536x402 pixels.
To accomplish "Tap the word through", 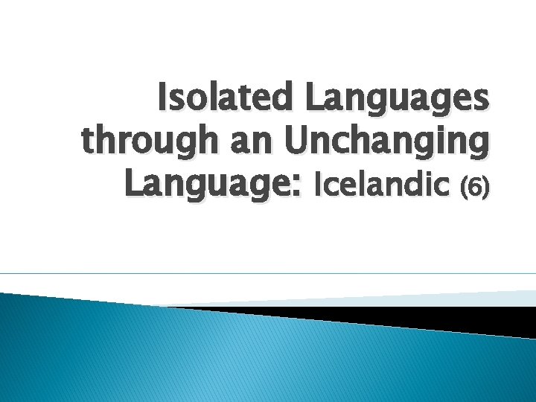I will pyautogui.click(x=146, y=141).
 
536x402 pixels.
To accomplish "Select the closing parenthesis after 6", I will pyautogui.click(x=485, y=187).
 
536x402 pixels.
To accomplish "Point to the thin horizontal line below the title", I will pyautogui.click(x=268, y=273).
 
